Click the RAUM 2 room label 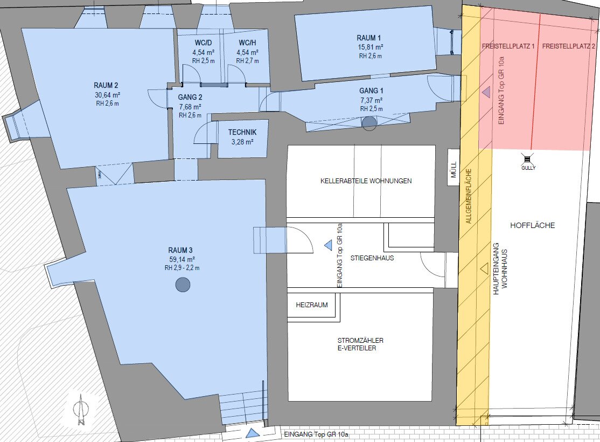pyautogui.click(x=106, y=85)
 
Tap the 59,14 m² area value pyautogui.click(x=182, y=259)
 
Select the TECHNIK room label pyautogui.click(x=242, y=132)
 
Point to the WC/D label pyautogui.click(x=203, y=43)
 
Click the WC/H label pyautogui.click(x=247, y=43)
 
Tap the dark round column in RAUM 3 pyautogui.click(x=183, y=285)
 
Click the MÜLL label pyautogui.click(x=454, y=170)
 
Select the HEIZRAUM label pyautogui.click(x=312, y=305)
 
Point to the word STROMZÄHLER pyautogui.click(x=360, y=340)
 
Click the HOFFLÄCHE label pyautogui.click(x=532, y=225)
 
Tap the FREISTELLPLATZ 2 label pyautogui.click(x=569, y=46)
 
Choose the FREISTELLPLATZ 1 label pyautogui.click(x=508, y=46)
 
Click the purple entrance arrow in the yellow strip pyautogui.click(x=486, y=92)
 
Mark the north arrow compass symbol pyautogui.click(x=81, y=410)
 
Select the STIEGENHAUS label pyautogui.click(x=372, y=258)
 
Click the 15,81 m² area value pyautogui.click(x=370, y=47)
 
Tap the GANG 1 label pyautogui.click(x=371, y=91)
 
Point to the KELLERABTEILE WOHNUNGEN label pyautogui.click(x=366, y=181)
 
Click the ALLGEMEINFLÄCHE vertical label pyautogui.click(x=469, y=196)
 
